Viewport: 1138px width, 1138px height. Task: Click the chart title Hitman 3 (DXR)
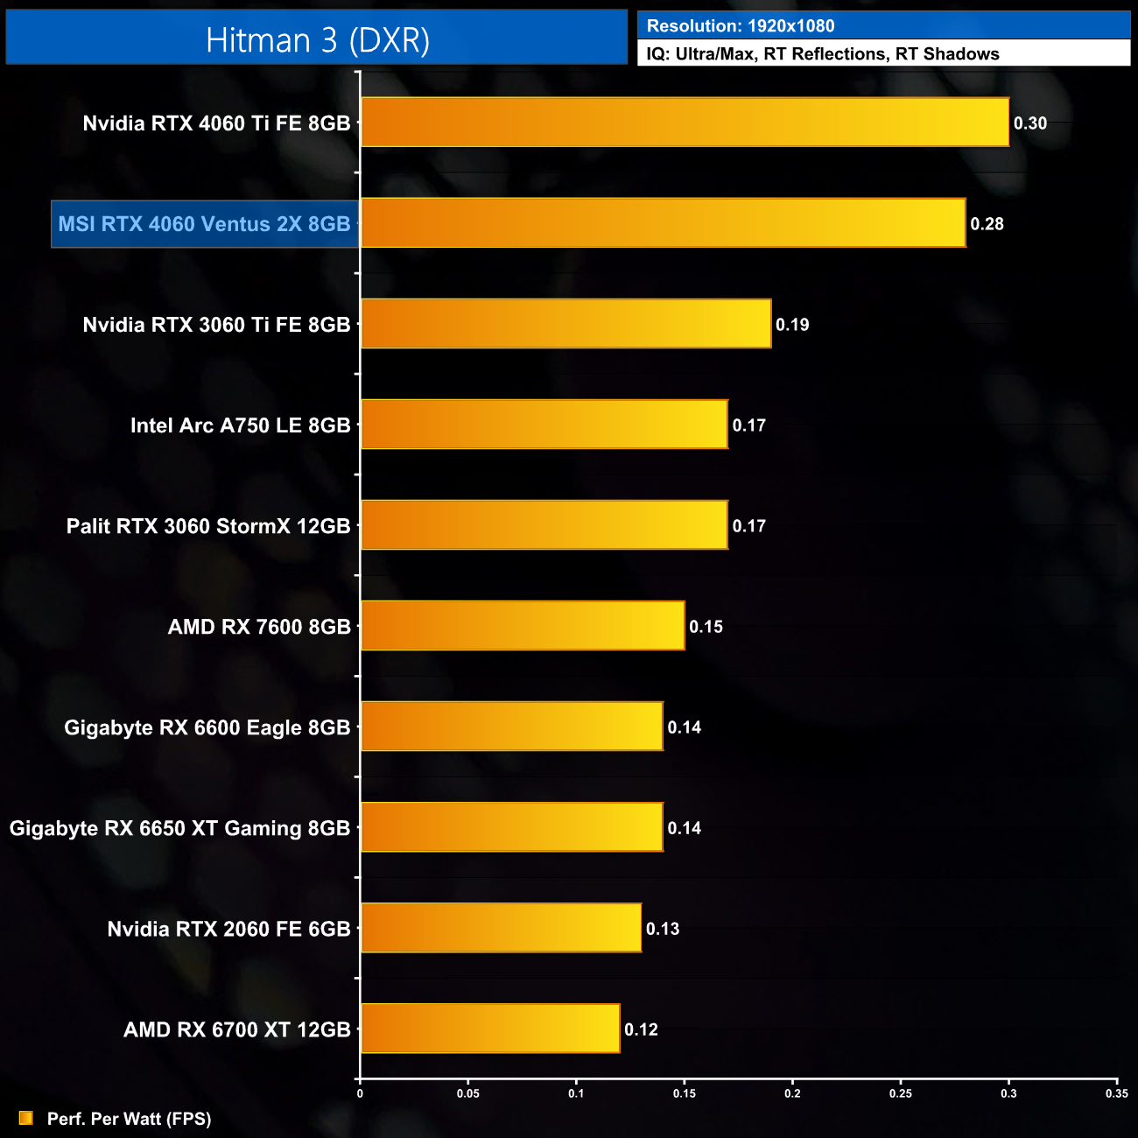coord(317,40)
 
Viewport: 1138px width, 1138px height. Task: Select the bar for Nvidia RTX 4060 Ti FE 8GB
coord(685,123)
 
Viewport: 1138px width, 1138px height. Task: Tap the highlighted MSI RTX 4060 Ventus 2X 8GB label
coord(205,224)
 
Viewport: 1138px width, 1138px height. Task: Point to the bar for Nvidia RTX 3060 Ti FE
coord(565,324)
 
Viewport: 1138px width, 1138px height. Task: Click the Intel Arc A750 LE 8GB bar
coord(544,425)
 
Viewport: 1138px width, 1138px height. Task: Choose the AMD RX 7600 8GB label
coord(259,627)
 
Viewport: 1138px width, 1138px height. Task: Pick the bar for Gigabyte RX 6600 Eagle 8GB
coord(512,727)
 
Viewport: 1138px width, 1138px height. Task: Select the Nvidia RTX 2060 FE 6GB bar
coord(501,928)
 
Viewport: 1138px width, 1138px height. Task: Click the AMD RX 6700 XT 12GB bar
coord(490,1029)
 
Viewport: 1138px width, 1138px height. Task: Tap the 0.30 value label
coord(1030,123)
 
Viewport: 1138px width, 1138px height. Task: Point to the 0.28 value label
coord(987,224)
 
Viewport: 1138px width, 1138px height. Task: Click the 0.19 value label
coord(792,325)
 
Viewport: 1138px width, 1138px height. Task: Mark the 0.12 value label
coord(641,1029)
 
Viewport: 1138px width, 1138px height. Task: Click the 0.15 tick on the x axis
coord(685,1093)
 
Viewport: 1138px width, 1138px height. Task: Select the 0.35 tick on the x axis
coord(1116,1093)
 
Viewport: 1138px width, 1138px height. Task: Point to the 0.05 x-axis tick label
coord(468,1093)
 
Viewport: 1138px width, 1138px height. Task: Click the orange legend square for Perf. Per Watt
coord(26,1118)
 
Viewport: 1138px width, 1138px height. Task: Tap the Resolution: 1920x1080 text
coord(741,26)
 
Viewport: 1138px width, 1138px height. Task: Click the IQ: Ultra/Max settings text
coord(823,54)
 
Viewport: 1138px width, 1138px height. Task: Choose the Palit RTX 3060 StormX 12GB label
coord(208,526)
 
